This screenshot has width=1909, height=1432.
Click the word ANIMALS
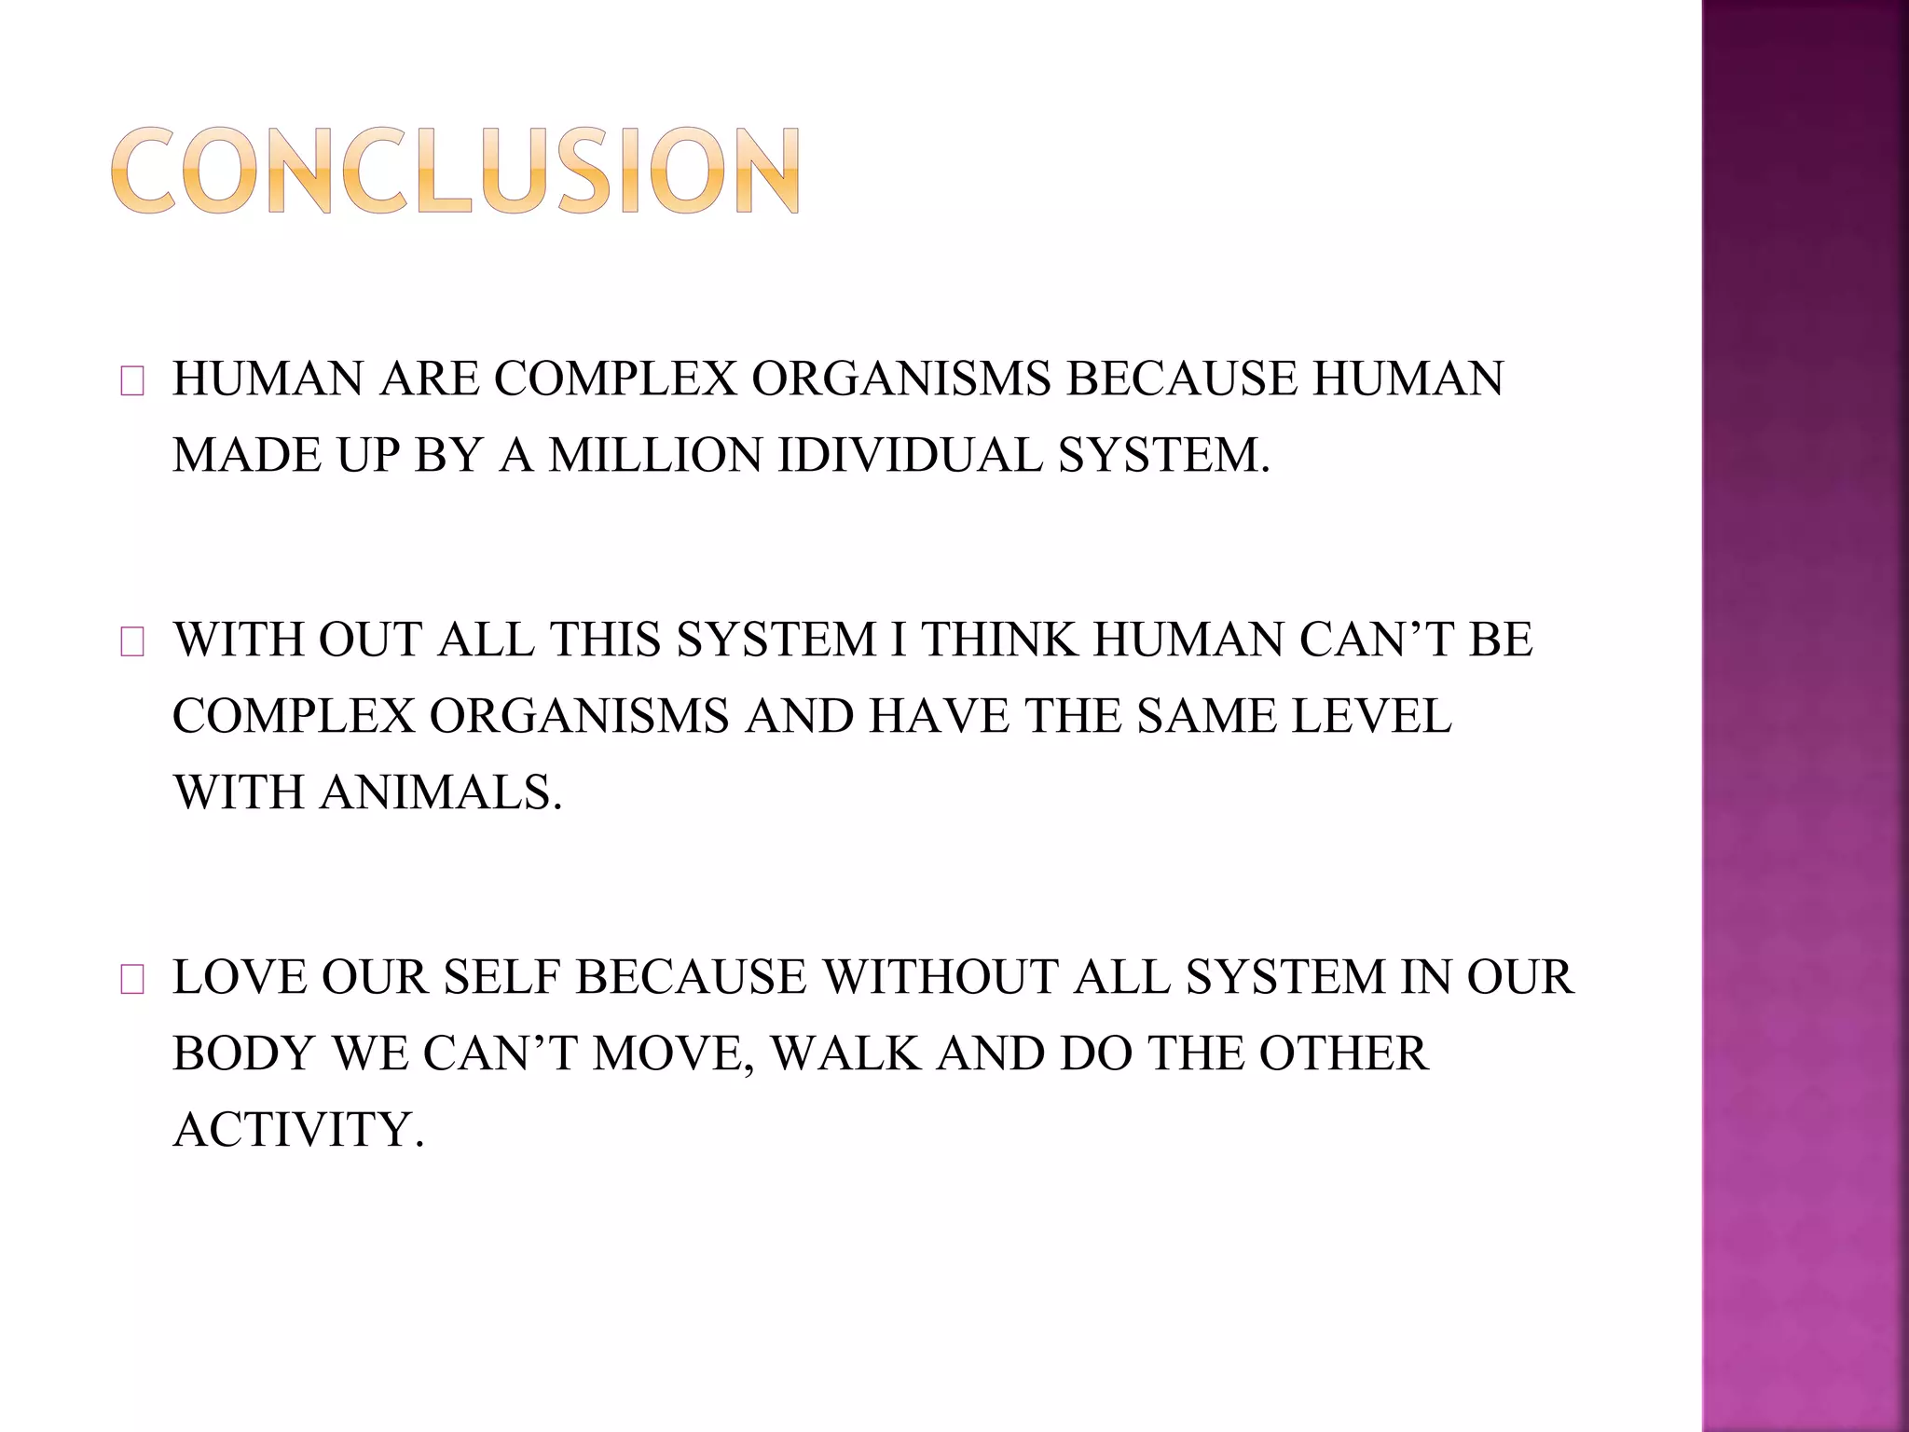pyautogui.click(x=442, y=793)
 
